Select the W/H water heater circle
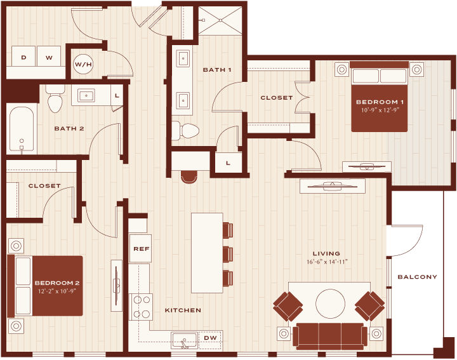tap(83, 64)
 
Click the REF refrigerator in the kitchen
tap(140, 248)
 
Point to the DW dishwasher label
tap(211, 338)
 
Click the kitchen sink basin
tap(185, 340)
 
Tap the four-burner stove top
tap(141, 307)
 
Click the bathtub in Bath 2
tap(22, 128)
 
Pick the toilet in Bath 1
tap(185, 131)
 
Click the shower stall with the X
tap(220, 20)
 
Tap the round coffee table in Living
tap(330, 303)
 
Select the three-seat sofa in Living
tap(330, 335)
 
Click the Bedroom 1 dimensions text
tap(380, 110)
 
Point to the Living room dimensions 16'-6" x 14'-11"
tap(327, 262)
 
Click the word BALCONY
tap(418, 277)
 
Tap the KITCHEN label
tap(183, 310)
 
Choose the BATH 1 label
tap(217, 70)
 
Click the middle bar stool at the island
tap(228, 254)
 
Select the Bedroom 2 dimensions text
tap(57, 291)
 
